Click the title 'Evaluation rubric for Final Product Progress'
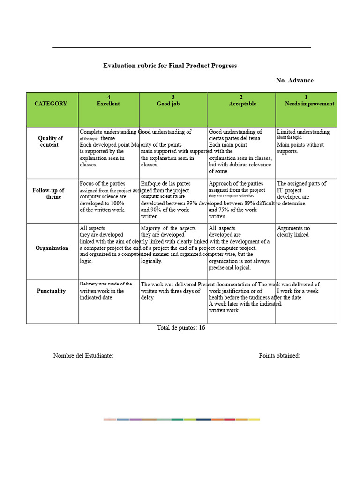pos(170,66)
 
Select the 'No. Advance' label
pos(294,81)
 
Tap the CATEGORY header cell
pos(51,104)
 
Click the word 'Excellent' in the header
pos(108,104)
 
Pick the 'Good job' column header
pos(168,104)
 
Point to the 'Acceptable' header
pos(242,104)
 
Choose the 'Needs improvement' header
pos(309,104)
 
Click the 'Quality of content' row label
pos(50,142)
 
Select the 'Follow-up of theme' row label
pos(49,194)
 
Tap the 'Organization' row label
pos(52,248)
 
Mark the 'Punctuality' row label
pos(51,291)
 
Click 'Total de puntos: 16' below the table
pos(181,328)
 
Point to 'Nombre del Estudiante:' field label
pos(83,356)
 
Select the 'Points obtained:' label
pos(279,356)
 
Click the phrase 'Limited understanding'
pos(303,132)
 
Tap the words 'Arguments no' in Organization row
pos(293,228)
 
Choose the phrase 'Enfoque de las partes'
pos(165,184)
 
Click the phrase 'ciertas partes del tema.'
pos(235,138)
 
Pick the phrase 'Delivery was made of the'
pos(105,284)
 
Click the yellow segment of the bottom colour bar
pos(254,420)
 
